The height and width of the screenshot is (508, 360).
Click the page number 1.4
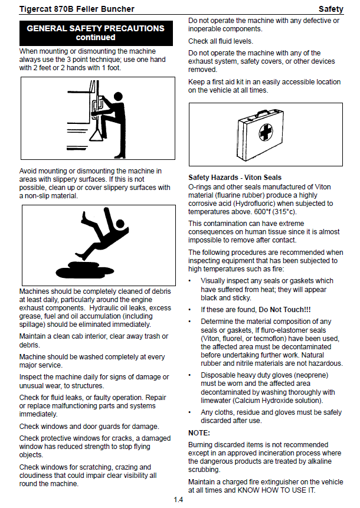coord(178,500)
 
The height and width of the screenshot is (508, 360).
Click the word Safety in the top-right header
coord(330,9)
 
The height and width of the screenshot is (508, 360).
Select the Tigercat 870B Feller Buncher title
coord(77,9)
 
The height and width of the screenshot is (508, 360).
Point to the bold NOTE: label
coord(199,433)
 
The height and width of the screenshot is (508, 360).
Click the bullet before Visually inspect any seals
coord(191,281)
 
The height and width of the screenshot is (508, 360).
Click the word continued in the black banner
coord(96,37)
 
